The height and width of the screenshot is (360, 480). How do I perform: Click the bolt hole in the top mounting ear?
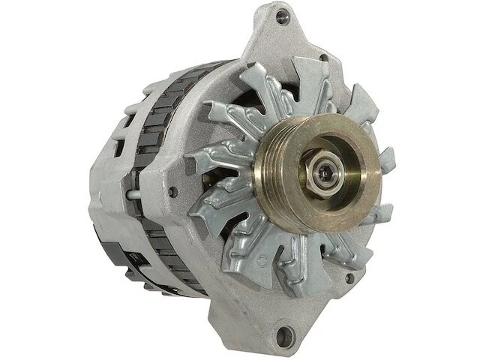[281, 16]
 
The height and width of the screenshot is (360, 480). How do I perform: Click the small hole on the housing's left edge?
[173, 192]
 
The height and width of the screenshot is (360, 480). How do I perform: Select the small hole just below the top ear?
[323, 57]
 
